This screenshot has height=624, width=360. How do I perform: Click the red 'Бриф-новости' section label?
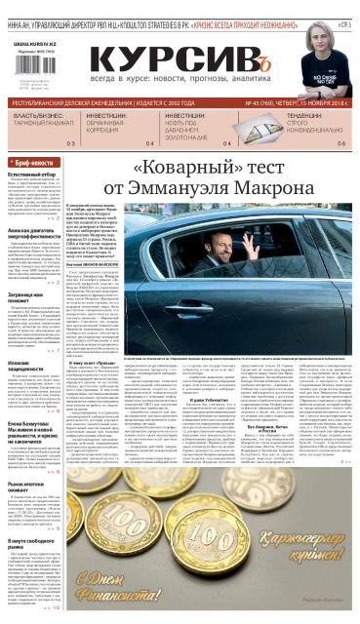click(34, 162)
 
